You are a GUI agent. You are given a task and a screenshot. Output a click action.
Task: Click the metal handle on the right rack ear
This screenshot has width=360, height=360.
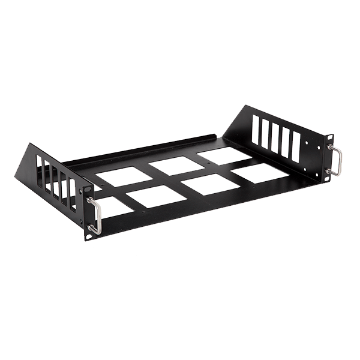pyautogui.click(x=339, y=161)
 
